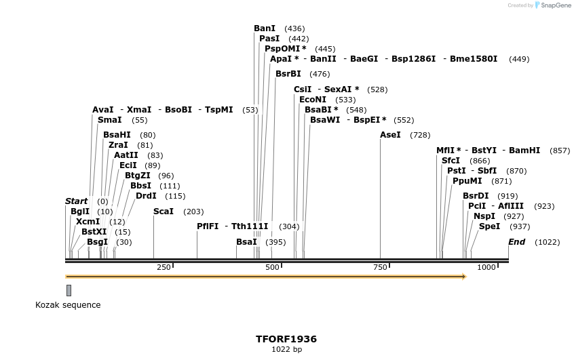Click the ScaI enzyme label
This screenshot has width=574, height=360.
pos(164,212)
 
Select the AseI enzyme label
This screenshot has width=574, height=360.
pos(390,135)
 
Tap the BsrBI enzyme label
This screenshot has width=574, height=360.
pos(288,74)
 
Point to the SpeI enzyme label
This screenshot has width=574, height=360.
pos(489,226)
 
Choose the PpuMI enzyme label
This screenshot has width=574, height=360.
pos(467,181)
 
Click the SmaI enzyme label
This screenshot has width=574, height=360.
pos(110,120)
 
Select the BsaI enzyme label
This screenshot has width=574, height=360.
pos(246,242)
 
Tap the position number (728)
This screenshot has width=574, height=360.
pos(420,136)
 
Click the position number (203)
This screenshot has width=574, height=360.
pos(193,212)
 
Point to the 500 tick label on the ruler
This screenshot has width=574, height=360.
pos(272,268)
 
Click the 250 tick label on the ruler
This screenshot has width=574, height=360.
pos(164,268)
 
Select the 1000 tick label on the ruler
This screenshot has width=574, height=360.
pos(486,268)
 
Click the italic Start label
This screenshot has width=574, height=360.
pos(77,201)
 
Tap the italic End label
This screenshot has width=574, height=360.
pos(516,242)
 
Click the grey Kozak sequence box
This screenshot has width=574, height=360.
pos(69,290)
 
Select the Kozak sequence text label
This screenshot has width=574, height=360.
pos(68,305)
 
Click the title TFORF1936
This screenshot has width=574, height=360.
pos(286,339)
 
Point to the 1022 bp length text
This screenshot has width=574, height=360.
pos(286,350)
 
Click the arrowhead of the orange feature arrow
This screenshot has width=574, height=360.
pos(463,277)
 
